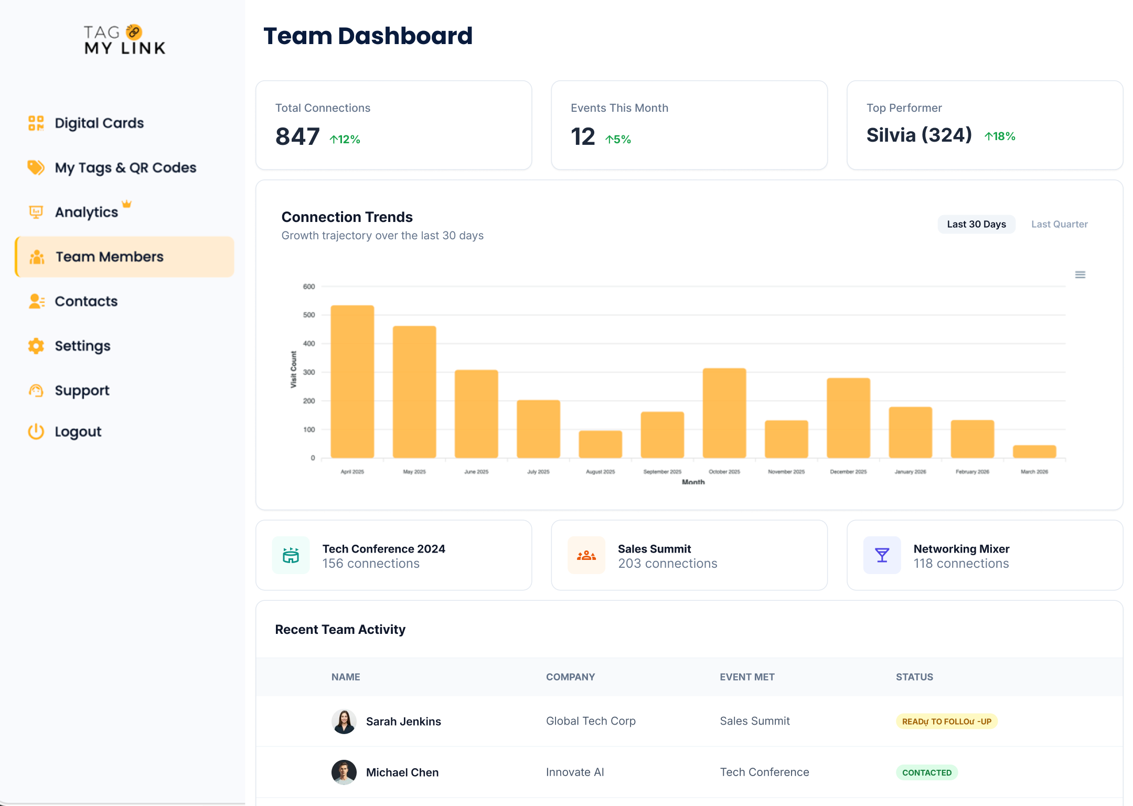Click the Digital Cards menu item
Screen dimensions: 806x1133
tap(99, 123)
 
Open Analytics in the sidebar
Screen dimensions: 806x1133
tap(87, 212)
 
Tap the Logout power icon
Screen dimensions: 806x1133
tap(36, 431)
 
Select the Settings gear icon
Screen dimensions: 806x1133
tap(36, 346)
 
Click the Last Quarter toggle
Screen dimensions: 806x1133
tap(1059, 224)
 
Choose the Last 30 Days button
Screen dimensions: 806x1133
tap(976, 224)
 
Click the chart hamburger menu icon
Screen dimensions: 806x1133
tap(1080, 274)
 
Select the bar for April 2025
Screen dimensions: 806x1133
tap(352, 381)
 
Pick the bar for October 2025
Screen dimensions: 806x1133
tap(724, 413)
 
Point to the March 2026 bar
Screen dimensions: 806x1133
tap(1034, 451)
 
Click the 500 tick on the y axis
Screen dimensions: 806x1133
tap(309, 315)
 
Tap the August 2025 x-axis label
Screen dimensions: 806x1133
tap(600, 472)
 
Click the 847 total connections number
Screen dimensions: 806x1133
tap(297, 136)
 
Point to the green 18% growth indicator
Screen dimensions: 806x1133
tap(1000, 136)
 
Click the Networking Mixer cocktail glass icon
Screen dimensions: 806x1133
tap(882, 555)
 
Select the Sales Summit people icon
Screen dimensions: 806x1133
tap(586, 555)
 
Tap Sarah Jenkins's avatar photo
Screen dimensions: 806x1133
tap(344, 722)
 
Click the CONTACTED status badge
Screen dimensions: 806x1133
tap(926, 772)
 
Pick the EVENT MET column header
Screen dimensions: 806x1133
tap(747, 677)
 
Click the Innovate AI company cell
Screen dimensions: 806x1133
tap(575, 772)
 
